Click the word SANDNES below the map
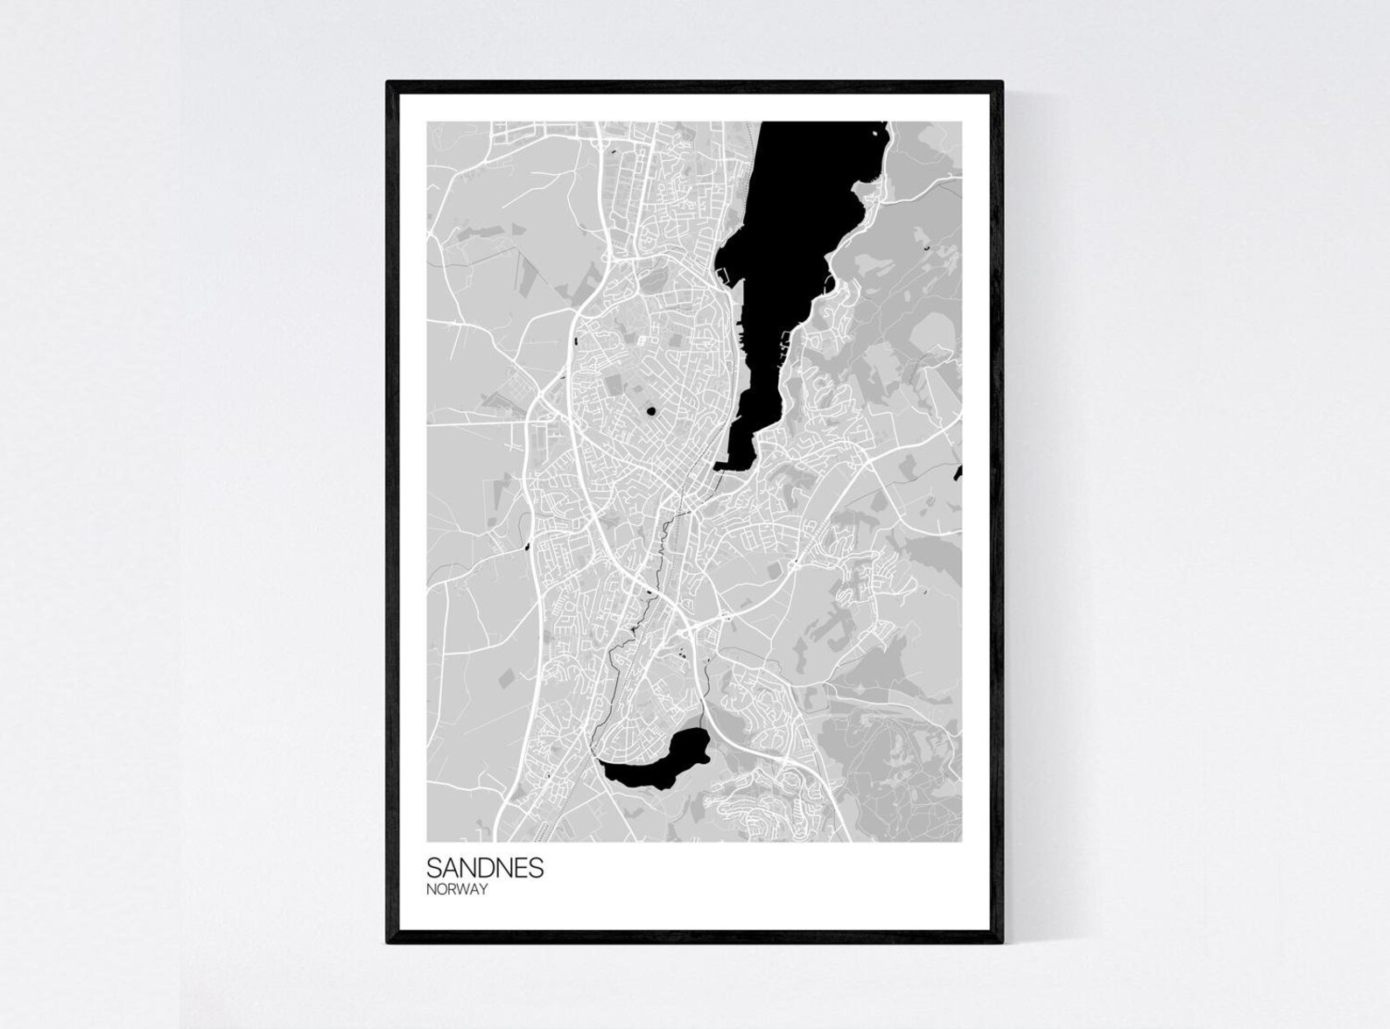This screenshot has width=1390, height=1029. [x=485, y=867]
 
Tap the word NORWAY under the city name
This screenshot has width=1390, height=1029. [x=457, y=889]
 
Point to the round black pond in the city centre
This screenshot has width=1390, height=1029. [x=650, y=410]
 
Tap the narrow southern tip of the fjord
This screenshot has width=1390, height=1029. [x=734, y=458]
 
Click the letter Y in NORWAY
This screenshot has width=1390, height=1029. [x=482, y=889]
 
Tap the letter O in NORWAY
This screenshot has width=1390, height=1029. [x=441, y=889]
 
